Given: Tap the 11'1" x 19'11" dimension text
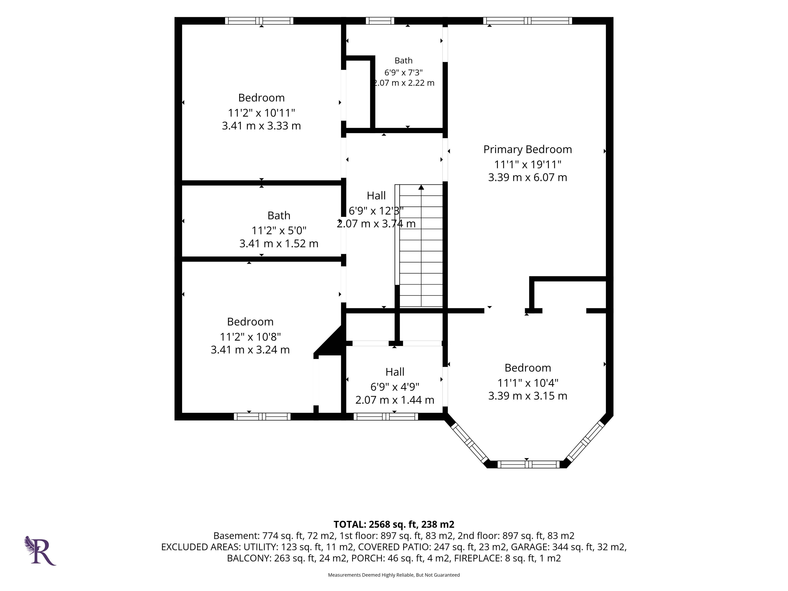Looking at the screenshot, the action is point(528,165).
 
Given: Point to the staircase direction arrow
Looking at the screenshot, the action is point(421,187).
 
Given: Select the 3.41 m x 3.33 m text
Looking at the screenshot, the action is point(261,126).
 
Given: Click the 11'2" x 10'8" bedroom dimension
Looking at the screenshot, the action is point(250,337).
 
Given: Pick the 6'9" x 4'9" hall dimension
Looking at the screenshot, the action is point(395,387).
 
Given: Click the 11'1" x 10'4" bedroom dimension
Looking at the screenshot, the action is point(528,383).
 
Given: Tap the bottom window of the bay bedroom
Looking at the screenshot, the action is point(528,464).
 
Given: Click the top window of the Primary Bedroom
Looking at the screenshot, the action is point(528,21).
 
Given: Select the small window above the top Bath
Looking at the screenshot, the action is point(380,21).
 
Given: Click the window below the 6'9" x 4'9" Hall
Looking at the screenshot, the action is point(385,416).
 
